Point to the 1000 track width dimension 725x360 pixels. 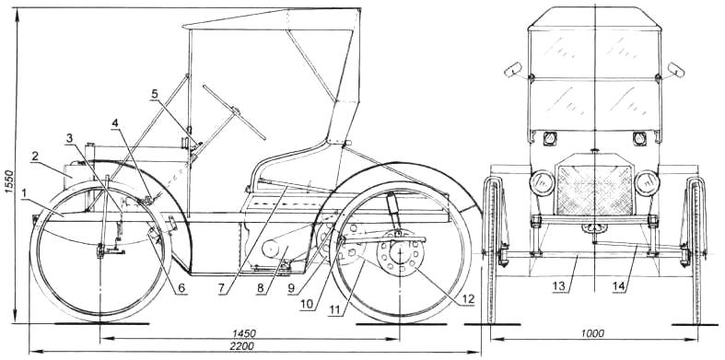tap(593, 333)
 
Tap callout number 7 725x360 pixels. tap(221, 288)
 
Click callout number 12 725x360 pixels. tap(468, 298)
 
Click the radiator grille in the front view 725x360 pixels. tap(594, 190)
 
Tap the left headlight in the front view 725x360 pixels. tap(542, 183)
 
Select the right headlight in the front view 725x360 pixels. tap(647, 183)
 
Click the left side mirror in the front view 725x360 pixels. tap(512, 69)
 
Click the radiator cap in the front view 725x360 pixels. tap(594, 151)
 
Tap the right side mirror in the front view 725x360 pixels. tap(676, 69)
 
